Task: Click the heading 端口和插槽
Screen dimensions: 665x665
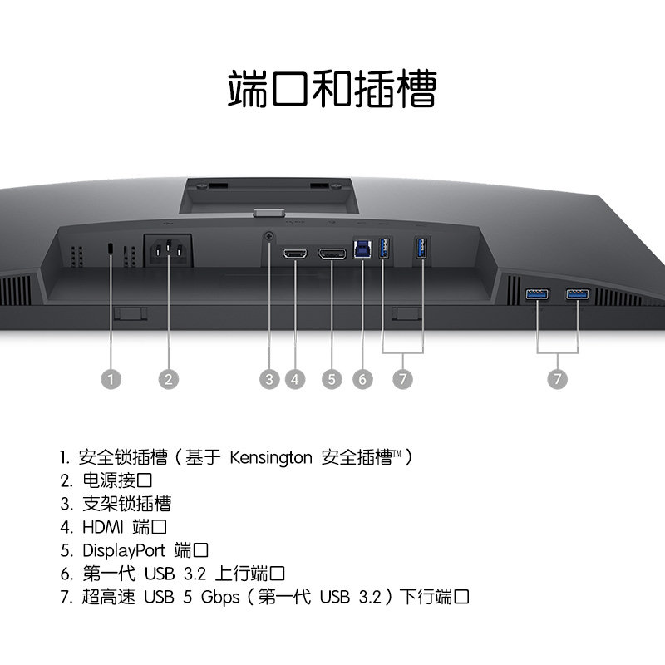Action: [332, 89]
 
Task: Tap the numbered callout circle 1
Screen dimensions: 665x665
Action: [111, 379]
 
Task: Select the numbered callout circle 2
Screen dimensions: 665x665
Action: [169, 379]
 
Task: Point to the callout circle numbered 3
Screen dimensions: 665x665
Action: [268, 379]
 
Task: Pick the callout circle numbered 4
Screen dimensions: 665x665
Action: [295, 379]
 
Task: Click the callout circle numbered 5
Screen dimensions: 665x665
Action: [332, 379]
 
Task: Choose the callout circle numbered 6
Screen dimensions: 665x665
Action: [362, 379]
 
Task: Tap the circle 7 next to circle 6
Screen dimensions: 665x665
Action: [402, 379]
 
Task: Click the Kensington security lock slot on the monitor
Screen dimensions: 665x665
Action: [111, 249]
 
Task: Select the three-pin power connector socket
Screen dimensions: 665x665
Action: [169, 249]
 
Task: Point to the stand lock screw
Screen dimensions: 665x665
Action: [268, 237]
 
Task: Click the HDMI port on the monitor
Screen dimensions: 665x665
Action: [295, 252]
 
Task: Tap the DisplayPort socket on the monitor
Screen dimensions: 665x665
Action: [332, 252]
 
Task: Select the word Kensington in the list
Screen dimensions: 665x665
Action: [271, 457]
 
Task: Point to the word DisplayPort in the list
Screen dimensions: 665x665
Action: [124, 550]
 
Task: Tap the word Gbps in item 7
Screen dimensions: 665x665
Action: [219, 597]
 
